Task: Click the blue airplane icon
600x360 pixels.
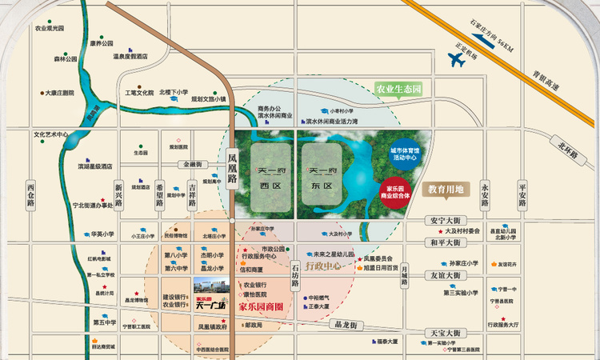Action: click(456, 58)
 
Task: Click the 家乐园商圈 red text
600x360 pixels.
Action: click(262, 306)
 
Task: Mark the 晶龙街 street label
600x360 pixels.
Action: click(350, 326)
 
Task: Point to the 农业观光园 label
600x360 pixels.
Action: click(49, 28)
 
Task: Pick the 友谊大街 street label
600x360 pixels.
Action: click(444, 274)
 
